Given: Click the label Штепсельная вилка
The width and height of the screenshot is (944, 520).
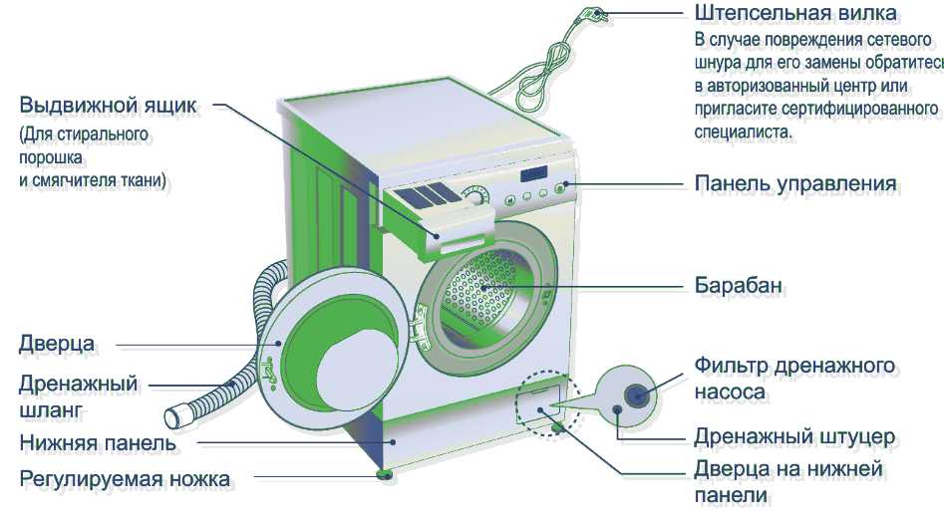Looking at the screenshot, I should (795, 13).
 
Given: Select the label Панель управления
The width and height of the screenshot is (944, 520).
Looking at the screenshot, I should (795, 184).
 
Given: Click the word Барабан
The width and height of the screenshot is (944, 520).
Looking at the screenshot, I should (741, 287).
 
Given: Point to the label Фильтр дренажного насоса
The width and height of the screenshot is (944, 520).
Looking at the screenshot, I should (794, 379).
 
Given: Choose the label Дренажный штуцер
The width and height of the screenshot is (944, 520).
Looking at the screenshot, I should (795, 437).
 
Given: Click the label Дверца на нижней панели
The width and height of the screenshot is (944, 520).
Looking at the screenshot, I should (788, 481).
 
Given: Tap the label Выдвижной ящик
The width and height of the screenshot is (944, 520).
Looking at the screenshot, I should (109, 106).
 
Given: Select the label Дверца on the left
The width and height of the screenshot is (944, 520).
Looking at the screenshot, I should (57, 345).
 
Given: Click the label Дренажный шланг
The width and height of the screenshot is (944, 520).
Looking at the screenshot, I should (78, 396).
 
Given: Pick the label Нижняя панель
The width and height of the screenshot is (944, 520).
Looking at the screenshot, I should (98, 442).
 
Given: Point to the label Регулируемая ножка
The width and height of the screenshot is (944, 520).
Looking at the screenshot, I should (126, 480).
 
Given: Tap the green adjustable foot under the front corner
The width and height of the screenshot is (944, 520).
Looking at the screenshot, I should (384, 473).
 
